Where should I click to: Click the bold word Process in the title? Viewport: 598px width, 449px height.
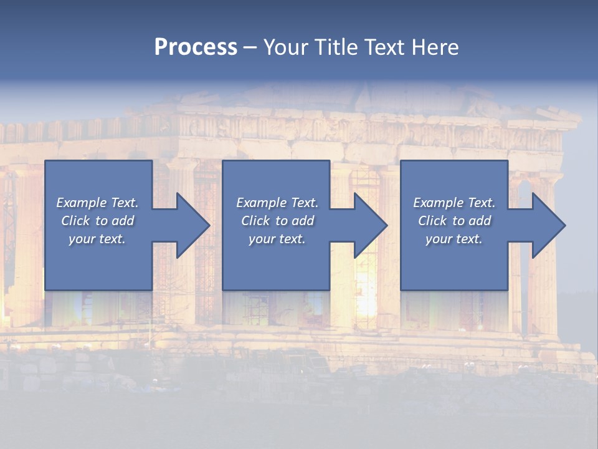click(196, 47)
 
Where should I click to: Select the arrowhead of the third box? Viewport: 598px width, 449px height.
click(546, 225)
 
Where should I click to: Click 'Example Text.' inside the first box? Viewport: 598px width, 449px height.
click(97, 203)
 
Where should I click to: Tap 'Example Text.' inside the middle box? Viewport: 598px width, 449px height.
click(277, 203)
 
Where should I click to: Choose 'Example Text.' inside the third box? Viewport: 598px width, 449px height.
click(454, 203)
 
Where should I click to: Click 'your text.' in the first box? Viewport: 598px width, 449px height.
click(97, 239)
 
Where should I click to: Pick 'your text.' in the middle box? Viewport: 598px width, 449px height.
click(277, 239)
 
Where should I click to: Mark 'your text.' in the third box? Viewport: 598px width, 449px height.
click(454, 239)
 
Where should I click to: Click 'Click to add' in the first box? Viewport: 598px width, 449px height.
click(97, 221)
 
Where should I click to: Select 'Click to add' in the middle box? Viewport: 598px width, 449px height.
click(277, 221)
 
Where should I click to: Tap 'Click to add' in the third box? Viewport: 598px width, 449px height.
click(454, 221)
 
